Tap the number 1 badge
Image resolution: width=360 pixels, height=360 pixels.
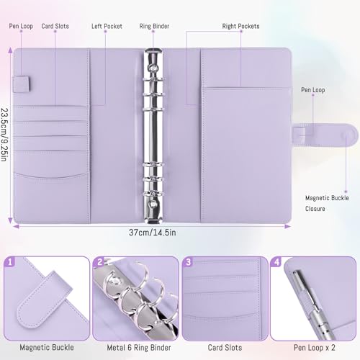click(x=11, y=262)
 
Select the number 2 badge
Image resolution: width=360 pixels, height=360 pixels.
click(x=99, y=262)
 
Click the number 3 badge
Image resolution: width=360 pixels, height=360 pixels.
click(x=188, y=262)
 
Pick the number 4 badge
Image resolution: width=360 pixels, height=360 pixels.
click(x=276, y=262)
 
